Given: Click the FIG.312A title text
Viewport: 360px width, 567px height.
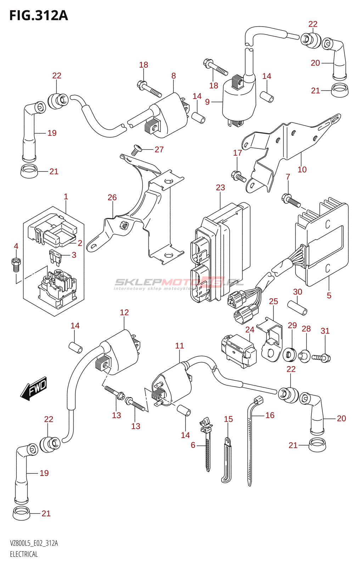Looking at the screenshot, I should (38, 16).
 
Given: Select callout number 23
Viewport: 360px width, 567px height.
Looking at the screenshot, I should (220, 187).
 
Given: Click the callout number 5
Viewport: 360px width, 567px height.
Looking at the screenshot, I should (329, 296).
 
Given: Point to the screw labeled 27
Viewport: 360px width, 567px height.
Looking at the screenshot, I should (136, 150).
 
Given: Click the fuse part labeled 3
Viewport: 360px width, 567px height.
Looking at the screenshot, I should (55, 256).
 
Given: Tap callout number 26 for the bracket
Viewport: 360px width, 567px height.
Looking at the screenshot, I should (112, 197).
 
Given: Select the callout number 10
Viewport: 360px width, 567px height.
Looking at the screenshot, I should (302, 170).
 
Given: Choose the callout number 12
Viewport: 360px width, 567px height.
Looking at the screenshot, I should (124, 313).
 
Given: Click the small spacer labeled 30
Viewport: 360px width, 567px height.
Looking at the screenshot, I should (297, 307).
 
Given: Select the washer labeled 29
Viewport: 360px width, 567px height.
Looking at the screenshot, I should (290, 354).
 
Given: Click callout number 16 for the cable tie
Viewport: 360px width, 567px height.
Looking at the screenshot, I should (270, 415).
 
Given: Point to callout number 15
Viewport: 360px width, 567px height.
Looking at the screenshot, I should (229, 419).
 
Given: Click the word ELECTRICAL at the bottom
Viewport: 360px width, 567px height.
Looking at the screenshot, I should (24, 554).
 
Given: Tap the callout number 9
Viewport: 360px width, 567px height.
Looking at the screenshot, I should (207, 102).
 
